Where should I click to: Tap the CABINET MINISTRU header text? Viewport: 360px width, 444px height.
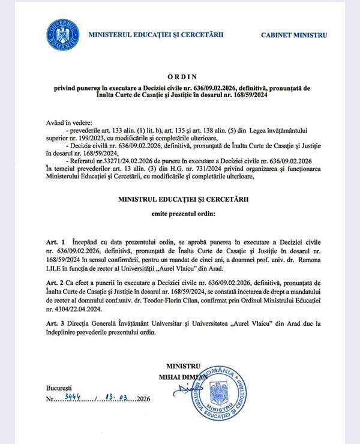(294, 35)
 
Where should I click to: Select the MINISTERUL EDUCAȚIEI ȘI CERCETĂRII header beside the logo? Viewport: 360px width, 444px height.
(156, 34)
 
